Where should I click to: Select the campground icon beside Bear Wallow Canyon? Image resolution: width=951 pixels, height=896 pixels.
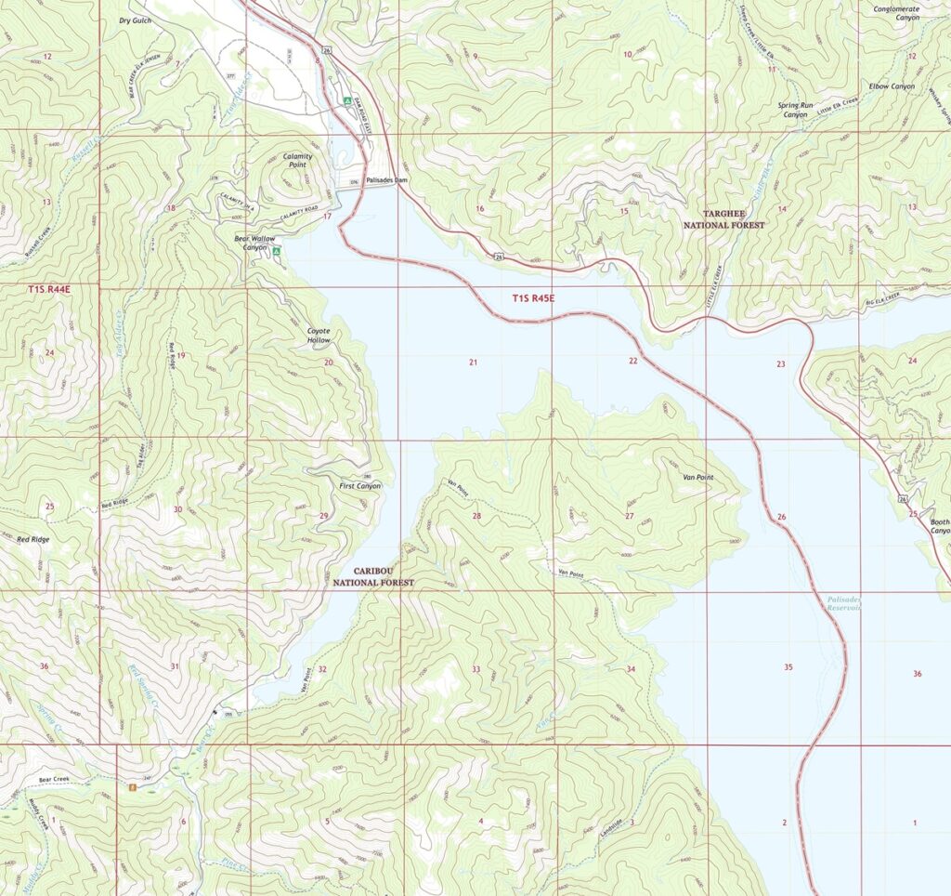(277, 251)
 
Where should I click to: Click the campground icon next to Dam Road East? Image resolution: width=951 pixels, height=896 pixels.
(346, 100)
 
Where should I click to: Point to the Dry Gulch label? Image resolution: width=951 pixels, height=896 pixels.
(134, 20)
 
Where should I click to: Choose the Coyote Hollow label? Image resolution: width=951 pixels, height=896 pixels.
(319, 336)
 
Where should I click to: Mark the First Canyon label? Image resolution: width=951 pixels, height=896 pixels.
(358, 485)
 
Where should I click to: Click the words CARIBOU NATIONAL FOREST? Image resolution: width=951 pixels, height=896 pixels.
(373, 576)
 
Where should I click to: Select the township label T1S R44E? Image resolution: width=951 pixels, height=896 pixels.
(48, 291)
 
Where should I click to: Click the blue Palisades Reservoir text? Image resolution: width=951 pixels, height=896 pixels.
(843, 603)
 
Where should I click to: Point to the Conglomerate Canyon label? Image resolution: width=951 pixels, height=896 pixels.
(896, 13)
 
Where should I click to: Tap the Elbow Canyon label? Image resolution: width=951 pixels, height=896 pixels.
(892, 86)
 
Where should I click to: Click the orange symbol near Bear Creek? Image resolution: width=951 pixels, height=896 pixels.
(133, 787)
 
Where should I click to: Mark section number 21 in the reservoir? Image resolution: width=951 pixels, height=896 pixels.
(473, 362)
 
